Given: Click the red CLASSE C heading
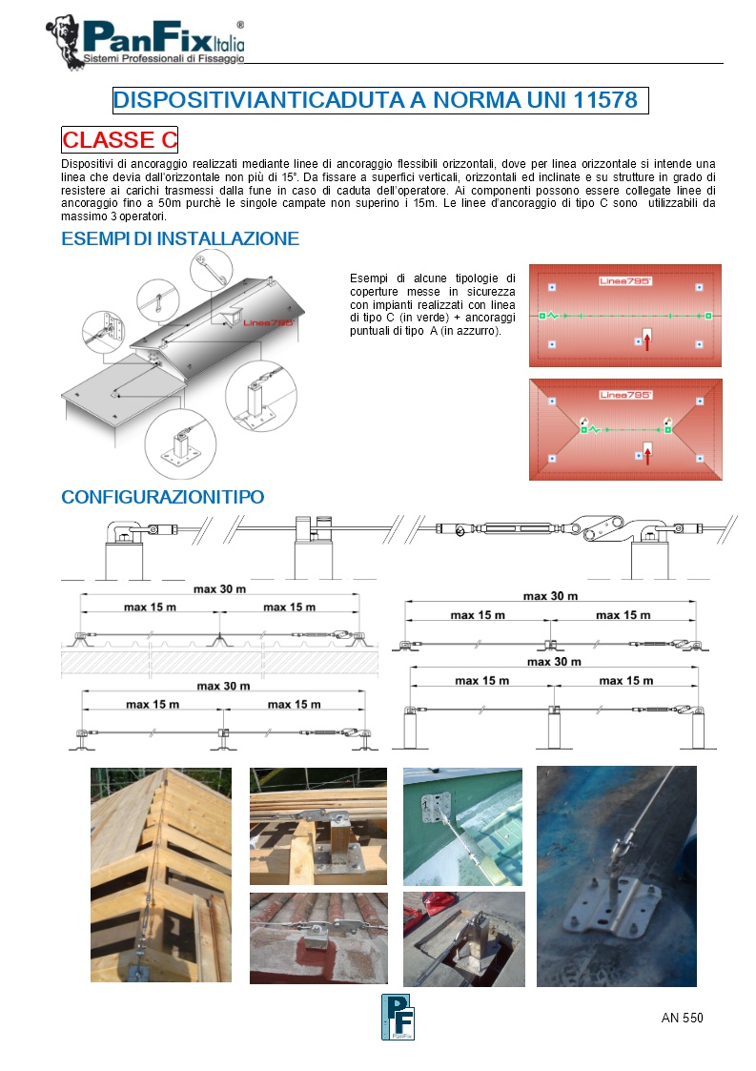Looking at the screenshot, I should (x=120, y=140).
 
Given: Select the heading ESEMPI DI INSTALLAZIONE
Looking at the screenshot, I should (x=180, y=238).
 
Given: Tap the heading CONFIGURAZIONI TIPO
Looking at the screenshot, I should (x=162, y=497).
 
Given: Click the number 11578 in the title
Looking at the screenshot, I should (x=605, y=100).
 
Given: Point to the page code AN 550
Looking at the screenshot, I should (x=682, y=1018).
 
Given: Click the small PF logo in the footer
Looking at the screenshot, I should (x=397, y=1017).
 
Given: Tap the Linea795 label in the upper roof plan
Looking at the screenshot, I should (x=625, y=281).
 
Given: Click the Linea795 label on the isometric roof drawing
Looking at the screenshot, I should (x=268, y=323).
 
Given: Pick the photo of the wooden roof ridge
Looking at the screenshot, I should (x=161, y=875).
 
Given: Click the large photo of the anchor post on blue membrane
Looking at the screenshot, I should (x=616, y=875).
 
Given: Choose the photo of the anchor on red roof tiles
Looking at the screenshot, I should (x=318, y=937).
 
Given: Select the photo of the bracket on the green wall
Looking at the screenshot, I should (x=462, y=826).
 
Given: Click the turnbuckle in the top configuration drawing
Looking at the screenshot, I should (x=516, y=529).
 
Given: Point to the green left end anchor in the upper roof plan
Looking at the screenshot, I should (x=541, y=315).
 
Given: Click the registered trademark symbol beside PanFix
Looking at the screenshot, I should (x=239, y=25).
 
